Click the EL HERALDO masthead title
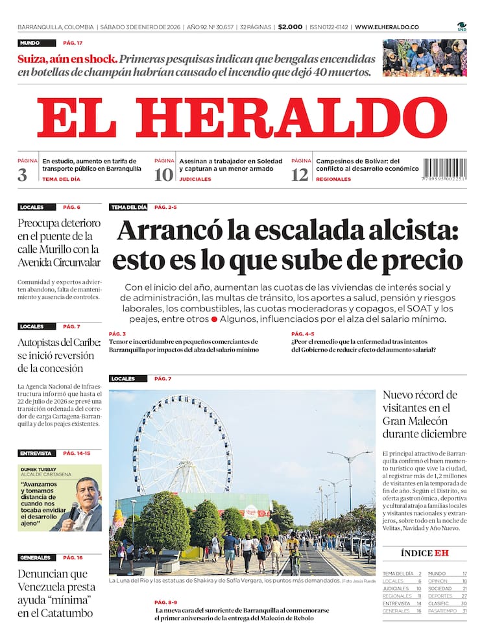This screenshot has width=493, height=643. (x=241, y=118)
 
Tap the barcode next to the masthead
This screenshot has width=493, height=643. (x=444, y=169)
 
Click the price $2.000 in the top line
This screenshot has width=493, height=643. (x=290, y=27)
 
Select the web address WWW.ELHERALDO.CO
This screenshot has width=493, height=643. (x=387, y=27)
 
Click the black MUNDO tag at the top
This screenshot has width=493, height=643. (x=29, y=43)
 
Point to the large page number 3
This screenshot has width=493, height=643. (x=23, y=175)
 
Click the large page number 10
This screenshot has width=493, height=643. (x=163, y=175)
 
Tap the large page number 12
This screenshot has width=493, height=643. (x=300, y=175)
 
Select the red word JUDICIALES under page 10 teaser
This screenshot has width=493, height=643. (x=195, y=179)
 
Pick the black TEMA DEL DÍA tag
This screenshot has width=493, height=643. (x=128, y=208)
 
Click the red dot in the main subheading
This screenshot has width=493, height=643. (x=214, y=320)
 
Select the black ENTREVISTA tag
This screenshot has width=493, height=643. (x=36, y=453)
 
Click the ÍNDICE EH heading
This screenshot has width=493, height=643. (x=424, y=553)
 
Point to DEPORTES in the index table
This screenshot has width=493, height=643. (x=439, y=596)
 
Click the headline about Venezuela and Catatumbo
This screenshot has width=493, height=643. (x=56, y=593)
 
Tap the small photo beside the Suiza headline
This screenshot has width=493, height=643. (x=424, y=57)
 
